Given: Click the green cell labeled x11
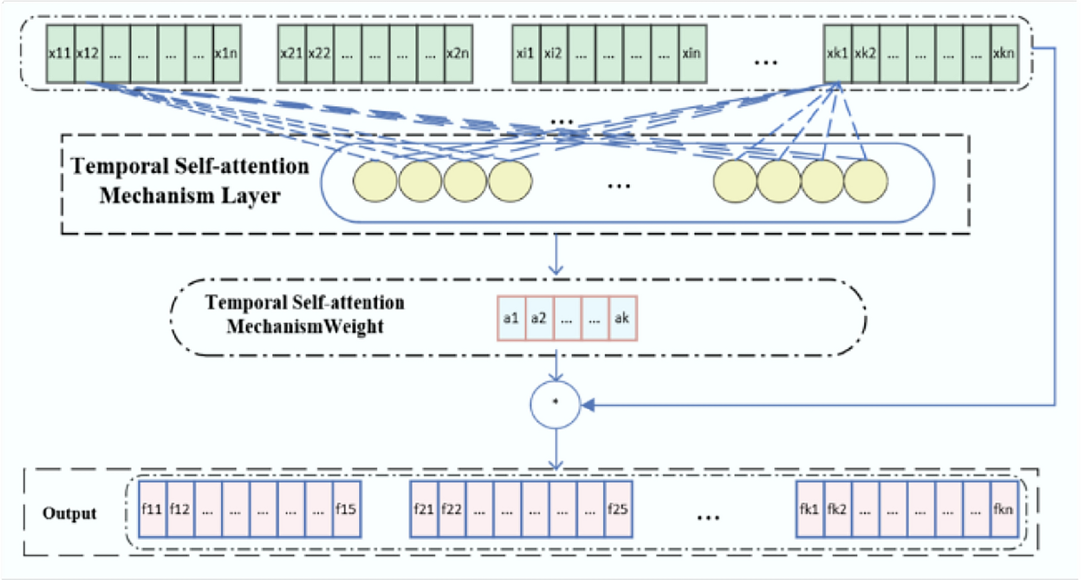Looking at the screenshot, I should (60, 54).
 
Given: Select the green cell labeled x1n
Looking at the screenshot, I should (226, 54).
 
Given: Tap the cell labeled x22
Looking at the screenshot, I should (319, 54).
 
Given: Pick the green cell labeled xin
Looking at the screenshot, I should (692, 54).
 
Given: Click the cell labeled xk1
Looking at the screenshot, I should (837, 54).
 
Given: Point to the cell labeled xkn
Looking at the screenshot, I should (1004, 54).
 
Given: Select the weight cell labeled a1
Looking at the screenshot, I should (511, 318).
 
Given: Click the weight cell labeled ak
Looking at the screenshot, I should (622, 318).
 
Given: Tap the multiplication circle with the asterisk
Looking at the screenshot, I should (555, 404).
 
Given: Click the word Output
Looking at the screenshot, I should (69, 514).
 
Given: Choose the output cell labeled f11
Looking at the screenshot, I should (152, 509).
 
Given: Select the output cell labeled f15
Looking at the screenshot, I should (346, 509).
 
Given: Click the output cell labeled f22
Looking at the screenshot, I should (452, 509).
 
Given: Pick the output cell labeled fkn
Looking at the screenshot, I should (1004, 509).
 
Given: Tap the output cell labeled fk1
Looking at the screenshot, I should (810, 509).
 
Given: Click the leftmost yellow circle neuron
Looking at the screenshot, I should (375, 182).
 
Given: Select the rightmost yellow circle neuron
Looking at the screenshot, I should (866, 182).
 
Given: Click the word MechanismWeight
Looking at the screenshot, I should (305, 326).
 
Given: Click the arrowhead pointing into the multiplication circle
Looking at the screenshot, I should (588, 405).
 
